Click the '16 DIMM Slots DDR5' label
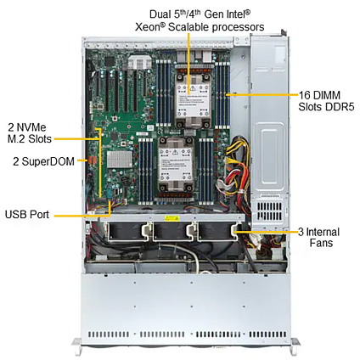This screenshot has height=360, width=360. pyautogui.click(x=326, y=101)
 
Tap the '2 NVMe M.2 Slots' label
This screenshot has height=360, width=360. pyautogui.click(x=30, y=133)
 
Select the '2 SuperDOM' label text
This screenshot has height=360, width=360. pyautogui.click(x=44, y=161)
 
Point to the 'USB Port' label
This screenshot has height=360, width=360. pyautogui.click(x=27, y=214)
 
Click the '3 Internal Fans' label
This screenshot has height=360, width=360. pyautogui.click(x=318, y=238)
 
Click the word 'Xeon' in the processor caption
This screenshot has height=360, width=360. pyautogui.click(x=150, y=27)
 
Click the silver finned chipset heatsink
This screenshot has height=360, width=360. pyautogui.click(x=120, y=159)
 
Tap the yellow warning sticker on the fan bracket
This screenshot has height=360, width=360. pyautogui.click(x=172, y=218)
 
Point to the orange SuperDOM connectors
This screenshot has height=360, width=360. pyautogui.click(x=92, y=160)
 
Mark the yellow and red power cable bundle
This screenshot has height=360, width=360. pyautogui.click(x=237, y=167)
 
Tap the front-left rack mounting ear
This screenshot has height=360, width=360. pyautogui.click(x=77, y=346)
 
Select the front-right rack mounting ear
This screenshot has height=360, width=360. pyautogui.click(x=295, y=346)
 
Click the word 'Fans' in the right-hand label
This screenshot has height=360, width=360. pyautogui.click(x=321, y=243)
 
